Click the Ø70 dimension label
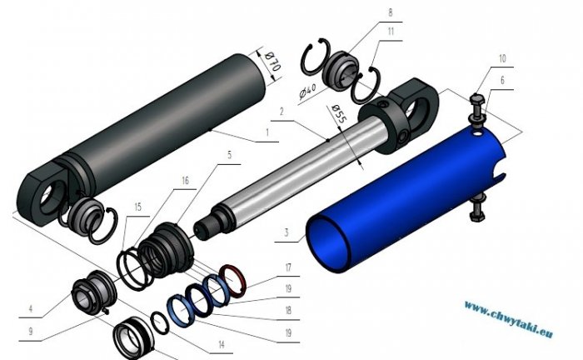coord(272,62)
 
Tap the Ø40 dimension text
coord(307,91)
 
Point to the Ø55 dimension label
coord(339,114)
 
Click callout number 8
coord(390,12)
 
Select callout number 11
coord(391,31)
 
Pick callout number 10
coord(502,58)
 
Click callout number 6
coord(503,80)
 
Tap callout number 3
coord(287,232)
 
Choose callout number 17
coord(288,267)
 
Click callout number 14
coord(222,345)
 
